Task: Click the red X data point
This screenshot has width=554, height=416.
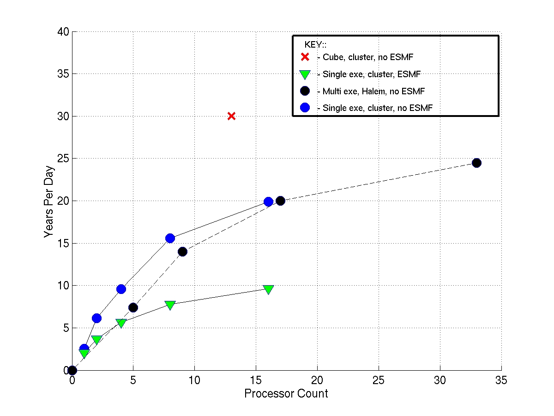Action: pos(231,116)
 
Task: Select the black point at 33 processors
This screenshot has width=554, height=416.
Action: pos(476,163)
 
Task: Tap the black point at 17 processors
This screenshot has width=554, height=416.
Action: pos(280,201)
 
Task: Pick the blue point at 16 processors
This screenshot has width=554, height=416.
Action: pos(268,202)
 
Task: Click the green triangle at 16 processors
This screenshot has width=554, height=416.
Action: pos(268,289)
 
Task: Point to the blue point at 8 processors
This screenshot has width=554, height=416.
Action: pos(170,239)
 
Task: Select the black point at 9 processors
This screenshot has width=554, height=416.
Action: pos(182,252)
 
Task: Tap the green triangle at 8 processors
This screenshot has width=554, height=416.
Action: pos(170,305)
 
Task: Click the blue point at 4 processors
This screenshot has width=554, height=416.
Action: pos(121,289)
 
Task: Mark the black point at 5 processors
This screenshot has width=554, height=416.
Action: pos(133,308)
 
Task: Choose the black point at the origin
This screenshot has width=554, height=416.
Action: pos(72,370)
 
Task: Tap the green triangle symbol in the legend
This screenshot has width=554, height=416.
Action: pos(304,74)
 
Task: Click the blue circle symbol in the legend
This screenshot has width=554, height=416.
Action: pos(304,108)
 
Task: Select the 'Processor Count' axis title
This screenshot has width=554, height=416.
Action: pos(286,394)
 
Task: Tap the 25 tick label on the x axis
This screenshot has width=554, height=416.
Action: pos(379,380)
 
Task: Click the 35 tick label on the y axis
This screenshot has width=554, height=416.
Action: pos(63,74)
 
